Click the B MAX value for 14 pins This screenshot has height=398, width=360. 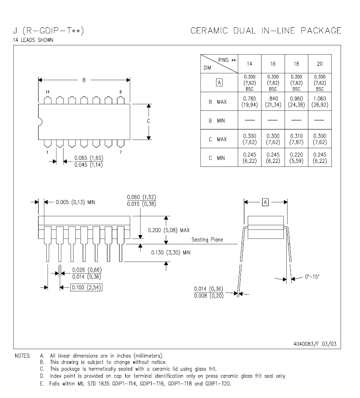point(250,101)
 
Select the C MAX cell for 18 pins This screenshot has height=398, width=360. point(296,139)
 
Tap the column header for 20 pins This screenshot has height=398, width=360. point(320,64)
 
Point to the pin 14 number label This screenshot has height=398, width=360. point(48,92)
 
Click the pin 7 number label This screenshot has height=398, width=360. point(120,152)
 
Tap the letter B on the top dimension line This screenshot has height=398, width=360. point(84,80)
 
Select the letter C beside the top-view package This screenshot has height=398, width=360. point(149,121)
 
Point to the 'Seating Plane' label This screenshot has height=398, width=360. point(207,239)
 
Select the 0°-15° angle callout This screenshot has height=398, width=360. point(312,276)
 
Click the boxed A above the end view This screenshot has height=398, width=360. point(265,202)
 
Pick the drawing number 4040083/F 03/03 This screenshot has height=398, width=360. point(315,344)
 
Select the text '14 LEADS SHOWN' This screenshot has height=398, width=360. point(33,40)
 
